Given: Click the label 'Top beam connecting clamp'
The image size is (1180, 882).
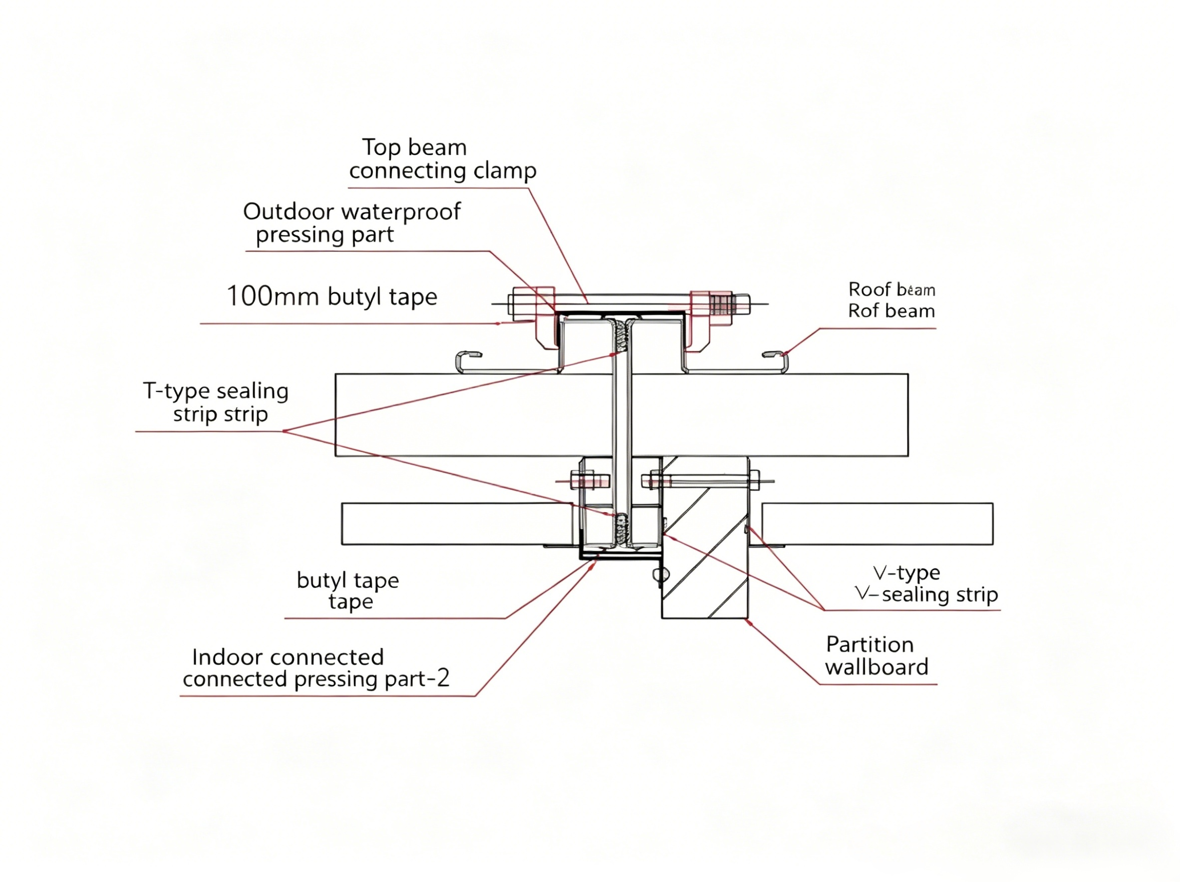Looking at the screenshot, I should click(x=442, y=159).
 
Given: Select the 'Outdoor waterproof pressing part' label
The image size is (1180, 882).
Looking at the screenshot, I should click(x=351, y=223).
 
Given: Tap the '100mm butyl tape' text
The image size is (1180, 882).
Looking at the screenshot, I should click(x=332, y=296).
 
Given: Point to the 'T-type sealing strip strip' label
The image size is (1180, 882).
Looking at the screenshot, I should click(x=216, y=402).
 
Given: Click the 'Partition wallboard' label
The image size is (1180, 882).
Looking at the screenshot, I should click(x=876, y=656).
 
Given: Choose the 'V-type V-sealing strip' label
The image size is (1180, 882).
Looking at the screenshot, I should click(x=925, y=583).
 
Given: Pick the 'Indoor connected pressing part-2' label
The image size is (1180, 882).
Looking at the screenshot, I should click(x=316, y=668).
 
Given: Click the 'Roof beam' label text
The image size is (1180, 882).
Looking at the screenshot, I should click(x=891, y=300).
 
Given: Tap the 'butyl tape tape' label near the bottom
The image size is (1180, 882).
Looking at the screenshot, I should click(x=348, y=590).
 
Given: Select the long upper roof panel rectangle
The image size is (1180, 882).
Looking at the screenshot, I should click(x=480, y=415).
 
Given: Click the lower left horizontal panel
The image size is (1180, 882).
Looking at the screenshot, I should click(x=456, y=524).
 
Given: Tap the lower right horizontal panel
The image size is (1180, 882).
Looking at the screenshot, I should click(x=877, y=524).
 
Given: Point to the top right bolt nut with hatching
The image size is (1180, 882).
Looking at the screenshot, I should click(x=720, y=304).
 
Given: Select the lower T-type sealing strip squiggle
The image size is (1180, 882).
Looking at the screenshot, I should click(x=620, y=528).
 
